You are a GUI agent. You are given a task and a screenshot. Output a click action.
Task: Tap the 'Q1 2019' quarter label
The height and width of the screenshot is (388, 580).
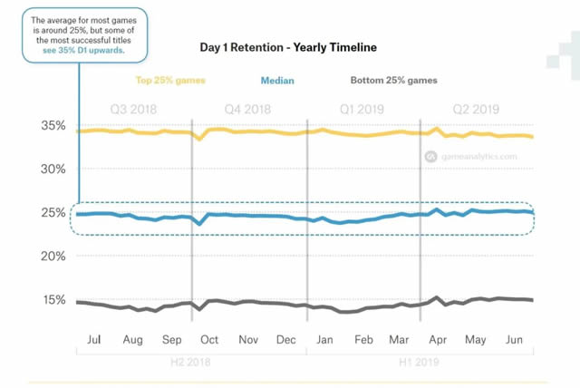(362, 106)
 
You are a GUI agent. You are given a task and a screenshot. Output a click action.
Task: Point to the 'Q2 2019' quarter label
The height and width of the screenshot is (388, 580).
(477, 106)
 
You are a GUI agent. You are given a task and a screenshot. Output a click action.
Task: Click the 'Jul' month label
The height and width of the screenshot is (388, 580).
(93, 339)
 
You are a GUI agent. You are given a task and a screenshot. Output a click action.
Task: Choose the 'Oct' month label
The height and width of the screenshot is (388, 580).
(209, 339)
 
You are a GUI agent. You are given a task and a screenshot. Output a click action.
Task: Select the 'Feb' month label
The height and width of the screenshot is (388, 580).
(363, 339)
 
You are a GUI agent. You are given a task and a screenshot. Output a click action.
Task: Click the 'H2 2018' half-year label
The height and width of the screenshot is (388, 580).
(192, 361)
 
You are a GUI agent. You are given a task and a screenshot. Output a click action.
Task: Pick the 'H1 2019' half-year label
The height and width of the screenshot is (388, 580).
(420, 361)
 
